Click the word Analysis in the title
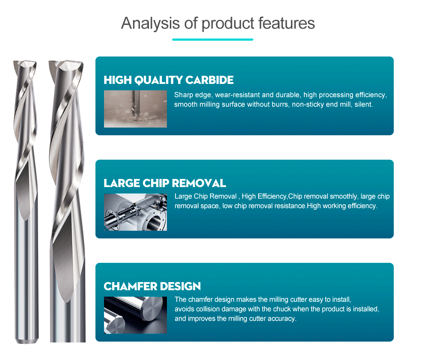(150, 24)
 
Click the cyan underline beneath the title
(213, 39)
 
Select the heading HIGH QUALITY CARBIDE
(168, 80)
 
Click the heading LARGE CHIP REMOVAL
(165, 183)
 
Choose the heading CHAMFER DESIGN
(152, 286)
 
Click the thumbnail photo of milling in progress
(135, 109)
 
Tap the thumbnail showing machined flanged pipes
(135, 212)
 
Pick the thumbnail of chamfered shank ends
(135, 315)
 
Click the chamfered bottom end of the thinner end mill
(27, 341)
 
